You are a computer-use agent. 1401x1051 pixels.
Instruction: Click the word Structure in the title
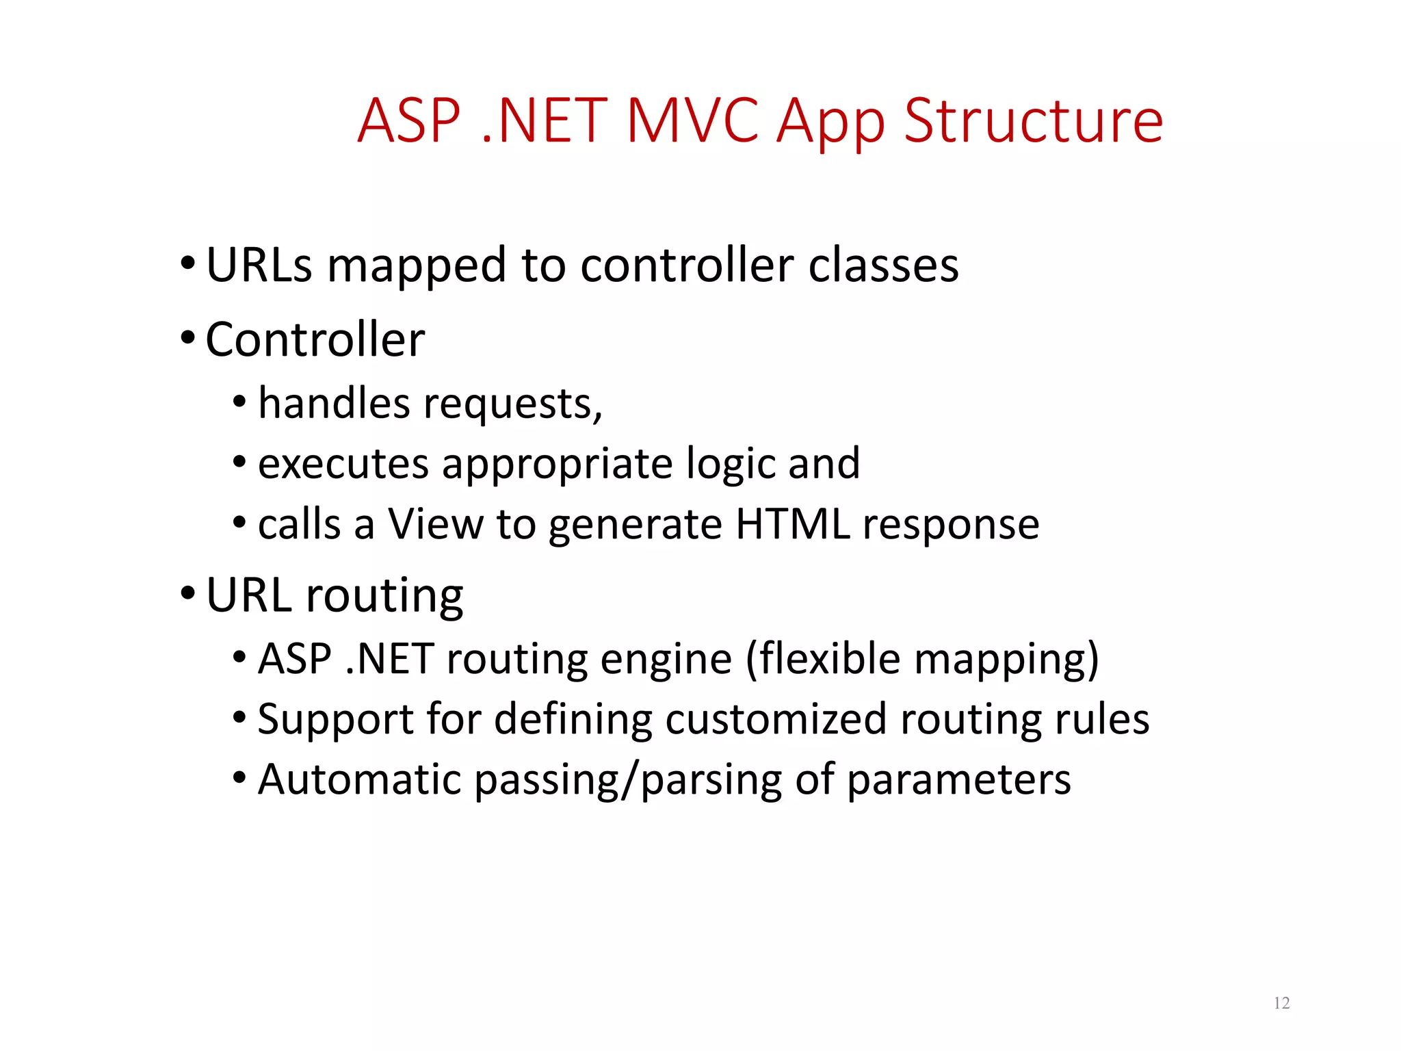point(1033,121)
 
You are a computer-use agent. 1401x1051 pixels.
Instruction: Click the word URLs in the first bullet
point(259,265)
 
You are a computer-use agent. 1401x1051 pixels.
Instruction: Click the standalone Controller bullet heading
point(315,339)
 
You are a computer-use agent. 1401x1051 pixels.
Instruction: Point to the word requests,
point(513,404)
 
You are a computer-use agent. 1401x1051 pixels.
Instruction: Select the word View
point(436,525)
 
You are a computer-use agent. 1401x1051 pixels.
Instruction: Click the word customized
point(775,720)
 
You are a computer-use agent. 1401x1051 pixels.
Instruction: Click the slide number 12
point(1281,1003)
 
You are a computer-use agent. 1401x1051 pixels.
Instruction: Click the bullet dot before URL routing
point(188,593)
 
